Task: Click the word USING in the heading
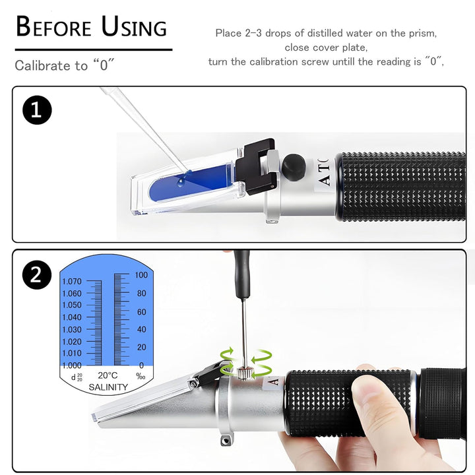[x=134, y=27]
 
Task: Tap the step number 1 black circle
[x=37, y=110]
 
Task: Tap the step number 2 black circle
[x=37, y=275]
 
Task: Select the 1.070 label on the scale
[x=72, y=281]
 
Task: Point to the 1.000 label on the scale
[x=72, y=365]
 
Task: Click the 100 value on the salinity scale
[x=141, y=274]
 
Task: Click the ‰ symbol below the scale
[x=141, y=376]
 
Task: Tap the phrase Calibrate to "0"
[x=65, y=65]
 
